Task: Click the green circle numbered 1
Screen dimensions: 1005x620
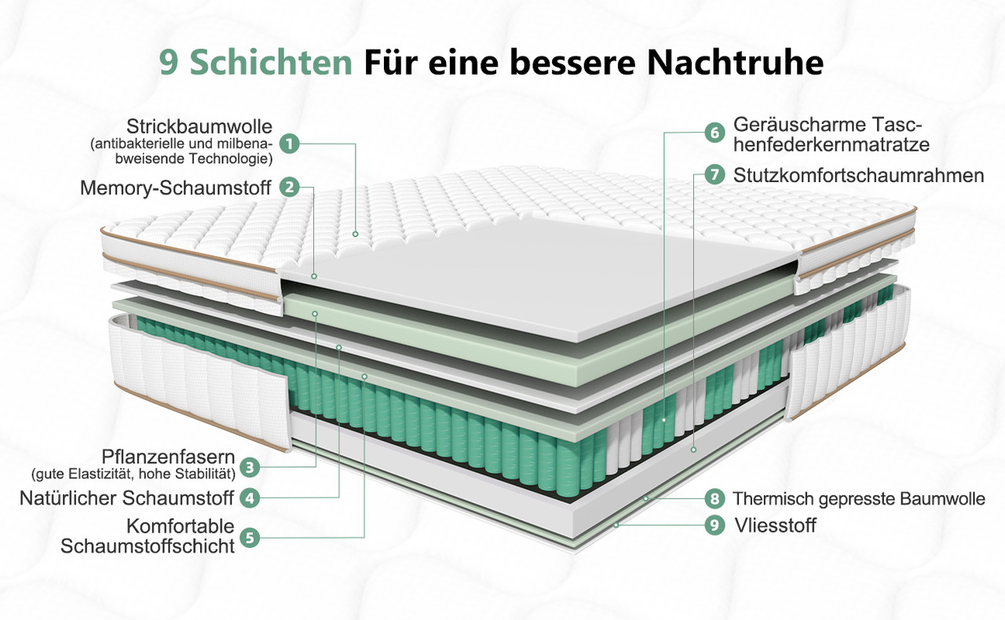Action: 290,144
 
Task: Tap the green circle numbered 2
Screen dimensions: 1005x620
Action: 290,187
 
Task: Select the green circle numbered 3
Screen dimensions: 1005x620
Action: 250,468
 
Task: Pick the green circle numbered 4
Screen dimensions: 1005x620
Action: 250,498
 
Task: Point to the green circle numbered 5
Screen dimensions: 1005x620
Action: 250,538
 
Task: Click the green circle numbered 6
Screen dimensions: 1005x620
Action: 714,133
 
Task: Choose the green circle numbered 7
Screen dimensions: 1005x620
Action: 714,174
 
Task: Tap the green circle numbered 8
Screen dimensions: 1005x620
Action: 714,498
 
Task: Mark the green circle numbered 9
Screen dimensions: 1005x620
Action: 714,525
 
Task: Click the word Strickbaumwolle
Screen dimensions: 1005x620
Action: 199,127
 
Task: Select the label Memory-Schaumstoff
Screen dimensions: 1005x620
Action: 175,188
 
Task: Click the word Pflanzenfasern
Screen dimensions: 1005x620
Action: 168,457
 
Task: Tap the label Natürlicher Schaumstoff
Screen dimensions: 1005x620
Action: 126,498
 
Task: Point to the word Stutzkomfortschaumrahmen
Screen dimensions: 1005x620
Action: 859,176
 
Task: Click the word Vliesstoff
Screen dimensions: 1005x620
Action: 775,525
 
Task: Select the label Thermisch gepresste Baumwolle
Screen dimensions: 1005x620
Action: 859,499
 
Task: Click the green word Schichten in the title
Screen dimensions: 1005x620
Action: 271,62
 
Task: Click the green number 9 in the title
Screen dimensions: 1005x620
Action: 169,63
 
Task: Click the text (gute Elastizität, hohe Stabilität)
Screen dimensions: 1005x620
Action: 133,474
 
